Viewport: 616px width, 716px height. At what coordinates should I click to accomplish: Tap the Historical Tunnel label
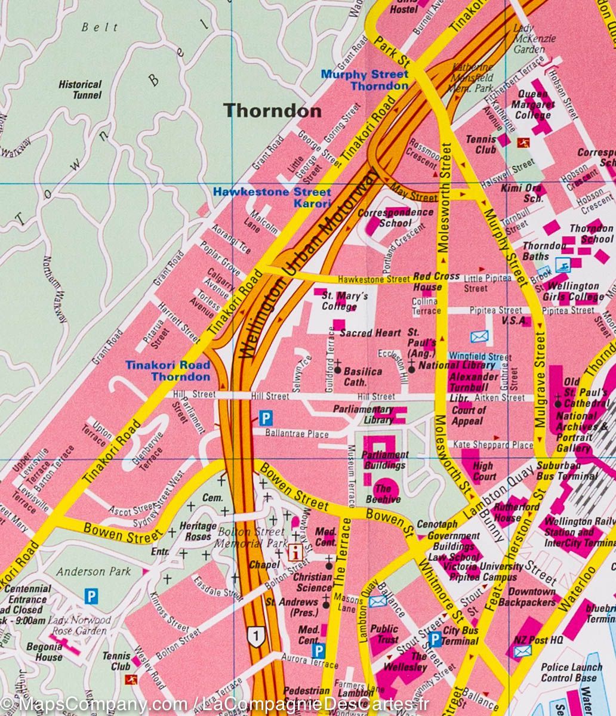point(80,89)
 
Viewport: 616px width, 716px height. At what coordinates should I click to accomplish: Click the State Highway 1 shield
point(256,636)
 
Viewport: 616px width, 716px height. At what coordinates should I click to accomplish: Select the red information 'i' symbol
point(294,551)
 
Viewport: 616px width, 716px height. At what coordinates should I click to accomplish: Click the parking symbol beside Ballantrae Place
point(265,418)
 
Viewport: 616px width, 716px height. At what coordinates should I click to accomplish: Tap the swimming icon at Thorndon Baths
point(562,264)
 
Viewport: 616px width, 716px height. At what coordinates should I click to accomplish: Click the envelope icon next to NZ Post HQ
point(522,651)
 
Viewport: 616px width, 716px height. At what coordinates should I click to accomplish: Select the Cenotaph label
point(438,524)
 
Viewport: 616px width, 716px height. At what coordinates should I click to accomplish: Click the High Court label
point(483,471)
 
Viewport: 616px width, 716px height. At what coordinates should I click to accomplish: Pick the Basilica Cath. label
point(363,376)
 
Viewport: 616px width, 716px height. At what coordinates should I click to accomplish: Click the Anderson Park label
point(93,571)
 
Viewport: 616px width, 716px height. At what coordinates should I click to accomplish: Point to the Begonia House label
point(48,652)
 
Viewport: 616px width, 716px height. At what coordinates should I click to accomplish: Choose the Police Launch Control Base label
point(571,672)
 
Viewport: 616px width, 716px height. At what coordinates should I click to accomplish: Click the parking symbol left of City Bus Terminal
point(435,640)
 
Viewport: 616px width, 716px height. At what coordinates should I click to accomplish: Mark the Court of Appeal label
point(469,415)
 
